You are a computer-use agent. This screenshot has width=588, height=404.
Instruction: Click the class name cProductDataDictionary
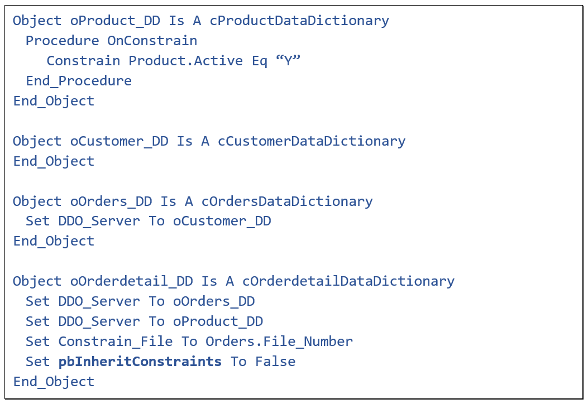tap(299, 21)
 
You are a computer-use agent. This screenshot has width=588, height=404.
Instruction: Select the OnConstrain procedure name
tap(152, 41)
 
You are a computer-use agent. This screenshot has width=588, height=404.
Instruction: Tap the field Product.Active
tap(186, 61)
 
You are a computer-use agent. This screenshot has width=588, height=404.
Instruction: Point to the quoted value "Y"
tap(288, 61)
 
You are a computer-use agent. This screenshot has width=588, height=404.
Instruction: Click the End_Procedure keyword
tap(79, 81)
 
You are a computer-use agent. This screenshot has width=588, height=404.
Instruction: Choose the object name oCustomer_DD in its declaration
tap(119, 141)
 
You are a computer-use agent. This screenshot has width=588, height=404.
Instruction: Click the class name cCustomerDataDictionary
tap(312, 141)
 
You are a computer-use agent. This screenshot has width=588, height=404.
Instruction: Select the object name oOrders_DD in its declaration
tap(111, 201)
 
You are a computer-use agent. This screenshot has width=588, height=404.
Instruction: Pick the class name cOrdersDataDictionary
tap(287, 201)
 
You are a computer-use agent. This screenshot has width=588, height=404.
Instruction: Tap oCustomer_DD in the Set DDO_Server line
tap(222, 222)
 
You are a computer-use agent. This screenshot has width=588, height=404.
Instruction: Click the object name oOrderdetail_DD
tap(131, 281)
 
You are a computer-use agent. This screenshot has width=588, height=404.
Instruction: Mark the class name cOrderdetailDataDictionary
tap(348, 281)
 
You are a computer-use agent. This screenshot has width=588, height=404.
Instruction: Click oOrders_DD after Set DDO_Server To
tap(214, 302)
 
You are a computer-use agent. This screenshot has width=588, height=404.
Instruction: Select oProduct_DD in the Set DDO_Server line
tap(218, 322)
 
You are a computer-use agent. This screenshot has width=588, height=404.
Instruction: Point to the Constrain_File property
tap(116, 342)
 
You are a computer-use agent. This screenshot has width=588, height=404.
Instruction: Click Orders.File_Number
tap(279, 342)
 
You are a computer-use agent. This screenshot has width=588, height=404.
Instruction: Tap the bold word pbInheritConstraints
tap(140, 362)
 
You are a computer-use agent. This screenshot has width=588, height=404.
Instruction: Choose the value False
tap(275, 362)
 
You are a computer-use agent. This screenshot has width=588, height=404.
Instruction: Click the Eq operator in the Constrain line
tap(260, 61)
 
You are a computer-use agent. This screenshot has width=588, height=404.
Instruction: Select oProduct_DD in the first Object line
tap(115, 21)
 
